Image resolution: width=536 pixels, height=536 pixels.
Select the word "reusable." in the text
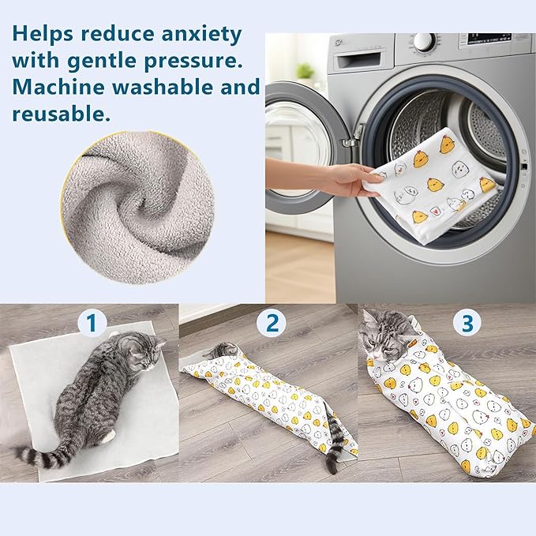pos(59,114)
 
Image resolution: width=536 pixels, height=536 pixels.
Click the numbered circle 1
pos(92,322)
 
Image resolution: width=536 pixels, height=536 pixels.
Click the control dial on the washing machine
pos(425,41)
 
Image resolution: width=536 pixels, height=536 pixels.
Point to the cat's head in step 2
pos(225,350)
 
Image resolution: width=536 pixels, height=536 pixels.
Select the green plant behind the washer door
pos(305,70)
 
